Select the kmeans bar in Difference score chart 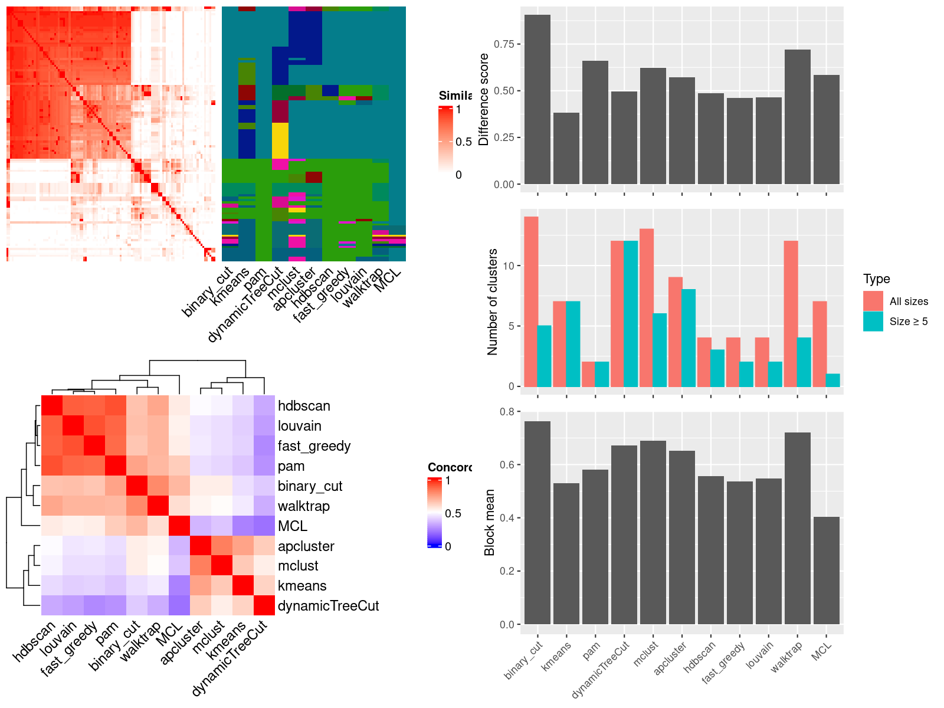[x=566, y=148]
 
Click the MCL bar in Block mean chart [x=827, y=571]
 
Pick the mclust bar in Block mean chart [x=653, y=532]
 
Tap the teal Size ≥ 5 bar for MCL [x=833, y=381]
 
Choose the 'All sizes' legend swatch [x=873, y=301]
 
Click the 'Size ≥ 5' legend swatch [x=873, y=322]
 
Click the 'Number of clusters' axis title [x=493, y=302]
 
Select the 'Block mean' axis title [x=490, y=522]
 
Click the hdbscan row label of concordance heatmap [x=304, y=406]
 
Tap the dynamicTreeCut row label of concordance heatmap [x=328, y=606]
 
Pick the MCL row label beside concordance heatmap [x=293, y=526]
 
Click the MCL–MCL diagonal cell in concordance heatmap [x=178, y=526]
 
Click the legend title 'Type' [x=877, y=279]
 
